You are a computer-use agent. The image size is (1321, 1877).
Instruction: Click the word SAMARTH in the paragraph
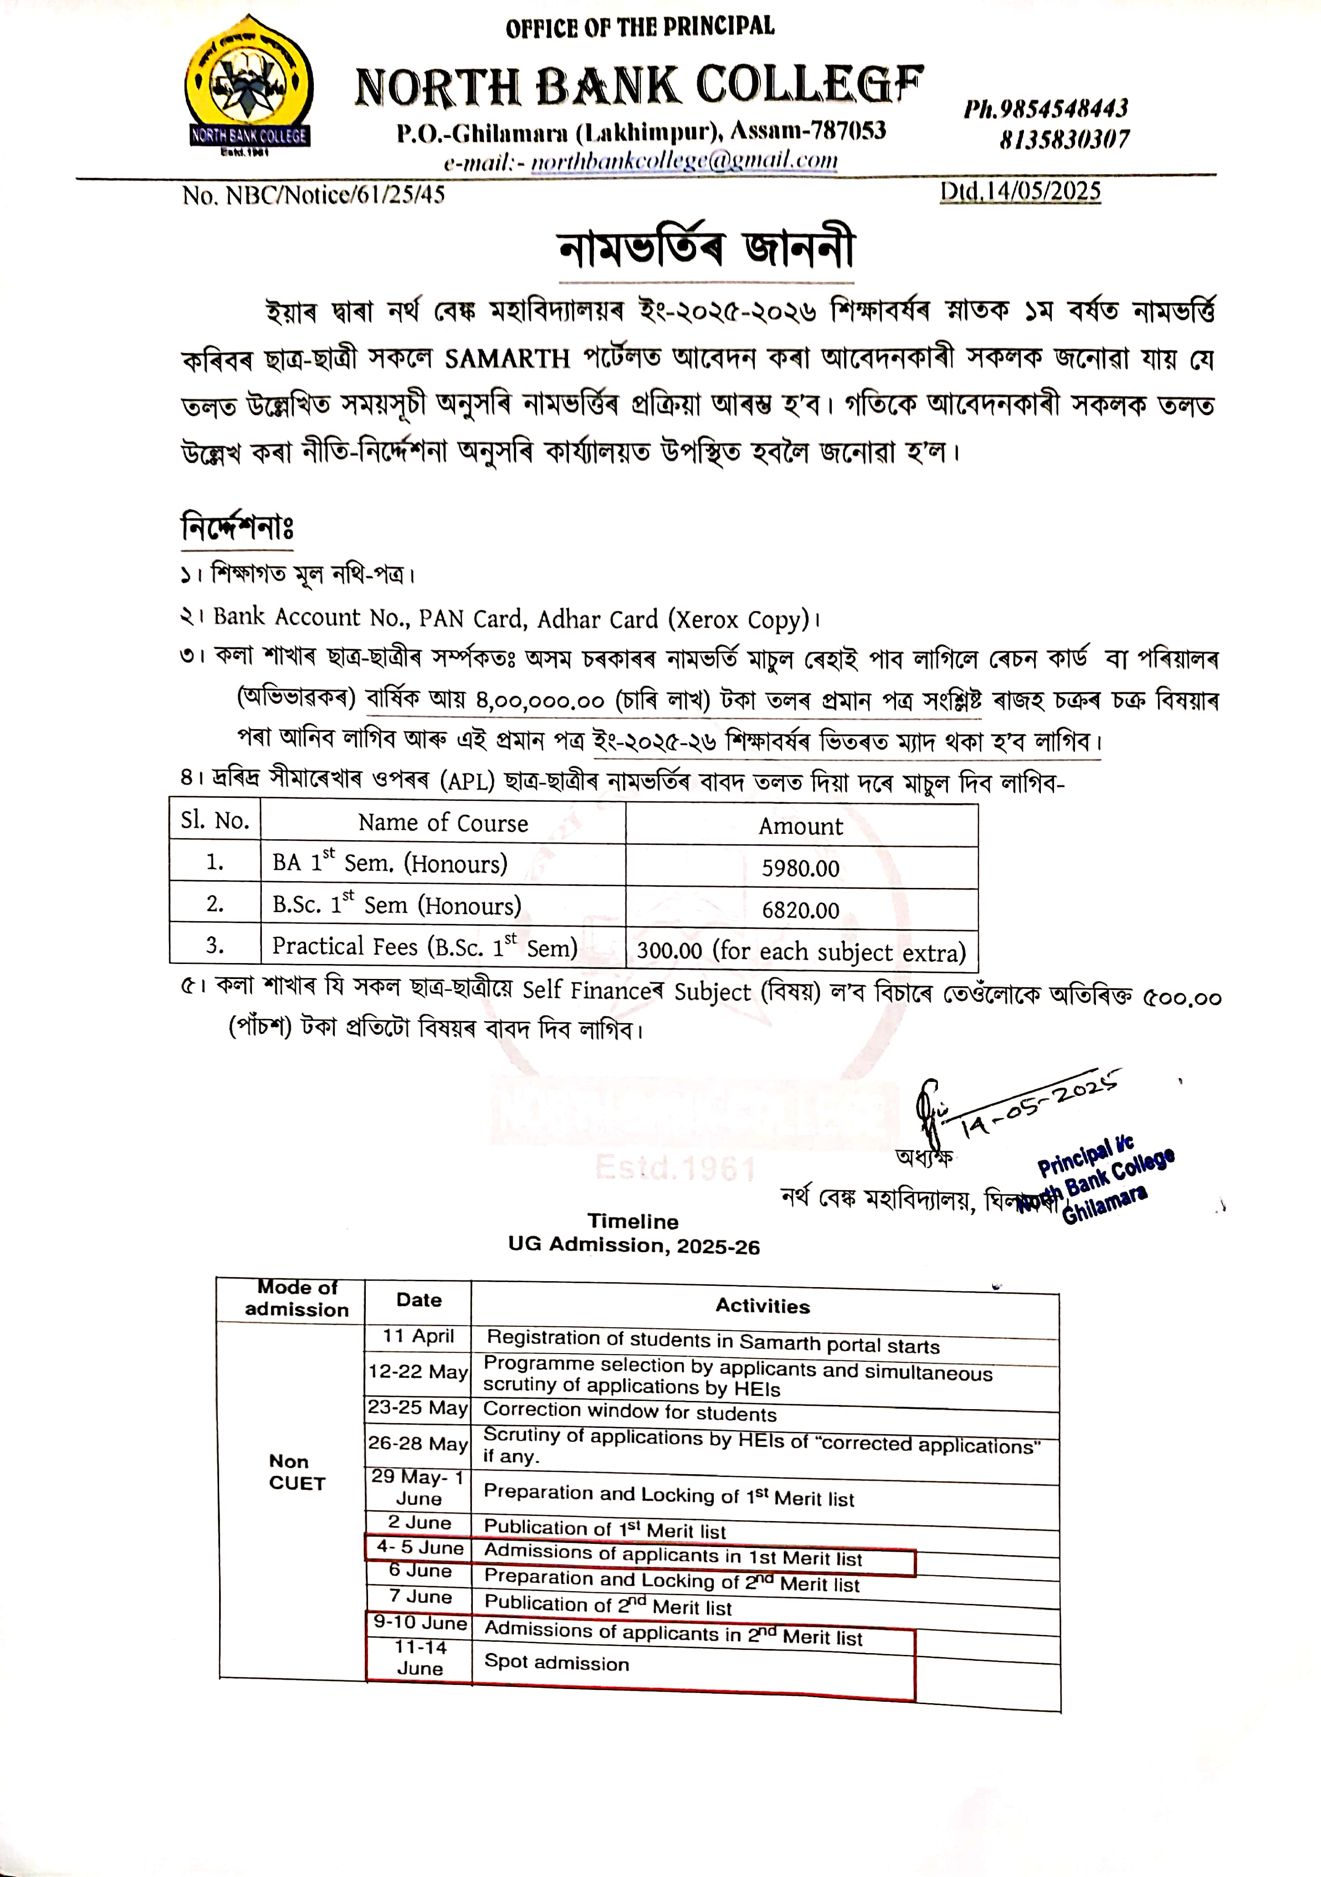(x=507, y=359)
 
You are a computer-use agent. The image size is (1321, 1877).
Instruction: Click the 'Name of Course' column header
(x=442, y=823)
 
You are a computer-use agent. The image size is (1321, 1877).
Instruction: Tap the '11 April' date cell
(x=418, y=1336)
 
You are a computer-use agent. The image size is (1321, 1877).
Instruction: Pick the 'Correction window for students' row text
(x=630, y=1412)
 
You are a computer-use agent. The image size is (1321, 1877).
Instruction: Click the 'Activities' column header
(x=763, y=1305)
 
